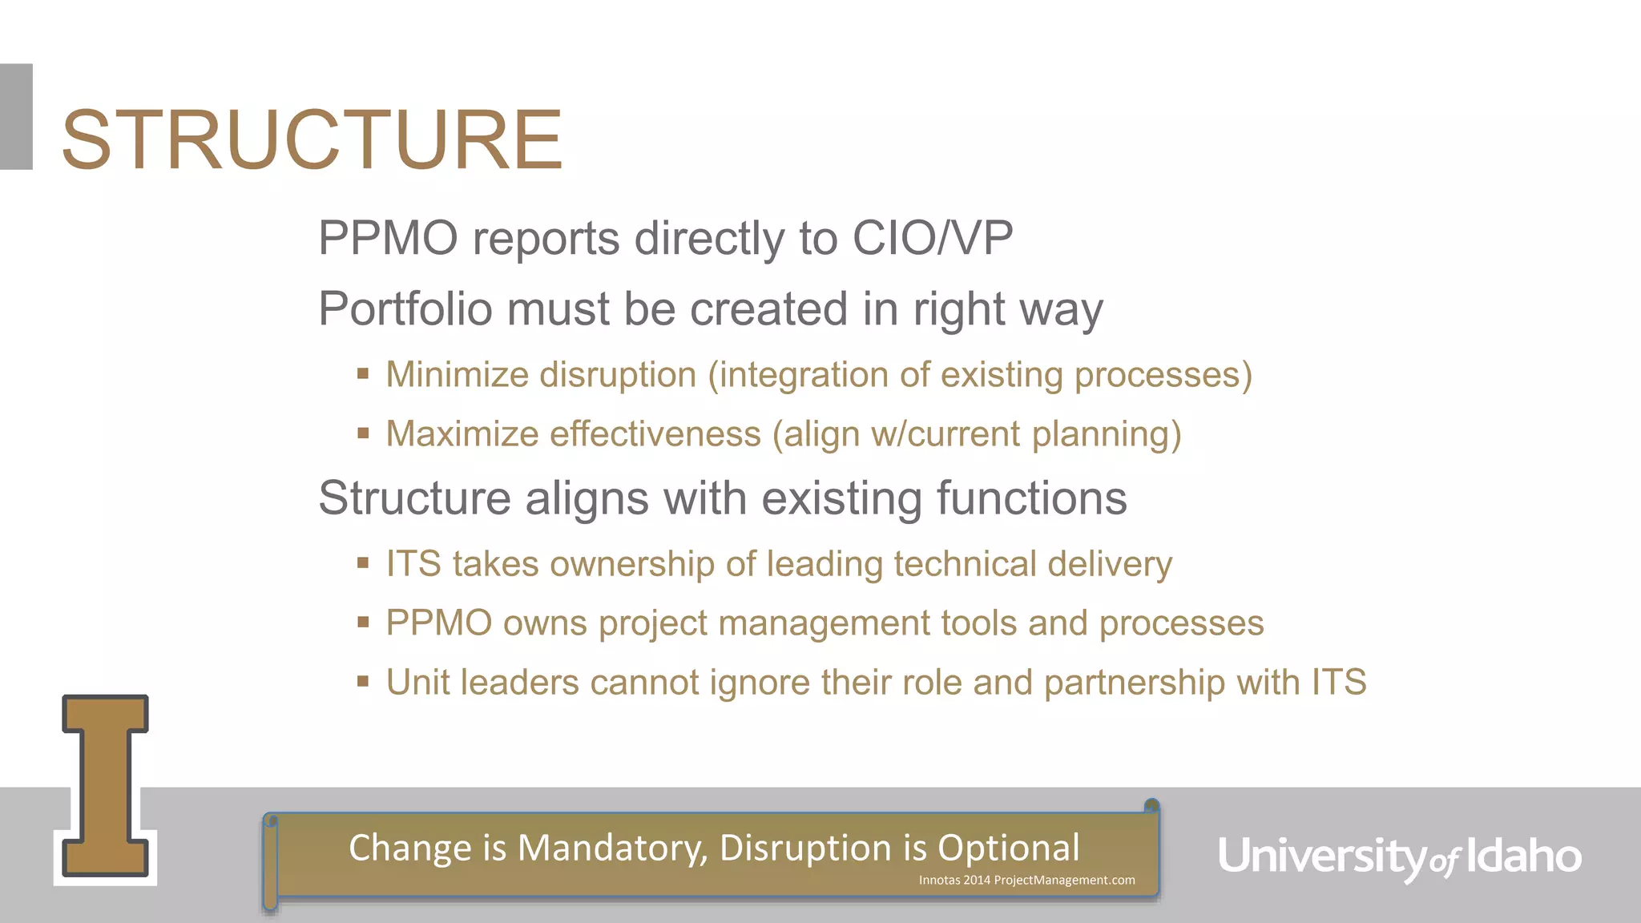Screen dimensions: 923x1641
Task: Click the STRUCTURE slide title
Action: [312, 140]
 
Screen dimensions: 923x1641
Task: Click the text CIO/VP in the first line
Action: [932, 238]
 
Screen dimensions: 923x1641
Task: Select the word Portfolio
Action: [405, 309]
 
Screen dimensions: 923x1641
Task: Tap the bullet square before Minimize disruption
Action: [363, 373]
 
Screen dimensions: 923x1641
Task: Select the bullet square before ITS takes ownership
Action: [363, 562]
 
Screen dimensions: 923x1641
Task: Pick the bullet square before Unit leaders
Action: [363, 681]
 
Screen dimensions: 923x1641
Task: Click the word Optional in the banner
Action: [1008, 848]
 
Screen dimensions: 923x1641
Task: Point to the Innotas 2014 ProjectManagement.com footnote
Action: [1026, 880]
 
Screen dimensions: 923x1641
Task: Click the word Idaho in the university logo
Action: [1524, 856]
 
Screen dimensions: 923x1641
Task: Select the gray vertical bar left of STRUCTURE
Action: [16, 116]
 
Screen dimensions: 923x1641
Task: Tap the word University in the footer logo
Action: [1322, 856]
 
